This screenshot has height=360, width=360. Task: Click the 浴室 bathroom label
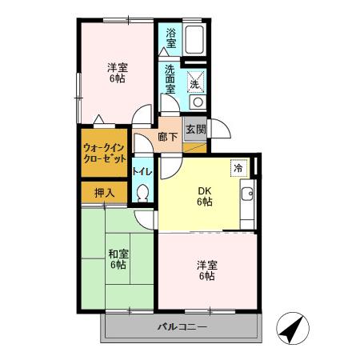(x=170, y=38)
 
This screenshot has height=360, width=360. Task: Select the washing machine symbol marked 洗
(x=196, y=82)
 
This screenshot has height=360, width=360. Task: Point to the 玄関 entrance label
(x=195, y=130)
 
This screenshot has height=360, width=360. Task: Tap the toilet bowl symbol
(x=143, y=193)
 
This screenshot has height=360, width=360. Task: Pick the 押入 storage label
(x=105, y=192)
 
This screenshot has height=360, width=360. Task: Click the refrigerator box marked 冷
(x=238, y=168)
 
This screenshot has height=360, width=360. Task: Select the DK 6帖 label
(x=205, y=196)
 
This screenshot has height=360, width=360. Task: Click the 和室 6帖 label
(x=118, y=259)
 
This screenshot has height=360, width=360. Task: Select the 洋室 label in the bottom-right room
(x=207, y=270)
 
